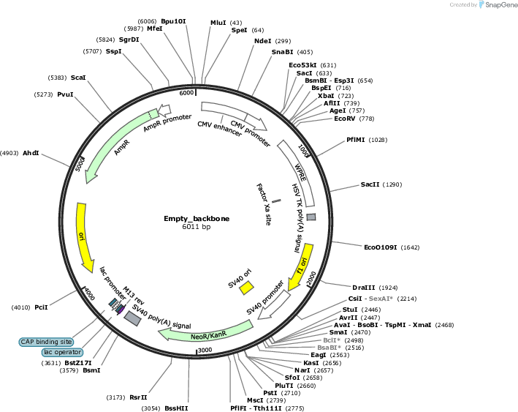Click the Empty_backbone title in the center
(x=197, y=219)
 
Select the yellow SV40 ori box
(x=246, y=288)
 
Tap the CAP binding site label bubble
(x=46, y=342)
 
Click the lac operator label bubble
(x=62, y=352)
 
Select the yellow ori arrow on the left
(x=83, y=237)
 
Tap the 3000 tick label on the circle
(x=205, y=350)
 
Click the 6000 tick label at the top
(x=186, y=93)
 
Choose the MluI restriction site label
(x=218, y=23)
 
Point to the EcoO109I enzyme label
(x=380, y=247)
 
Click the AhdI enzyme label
(x=31, y=153)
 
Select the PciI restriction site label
(x=42, y=307)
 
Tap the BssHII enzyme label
(x=176, y=408)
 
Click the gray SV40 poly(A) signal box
(x=132, y=318)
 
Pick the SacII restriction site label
(x=370, y=184)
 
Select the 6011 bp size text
(x=197, y=227)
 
